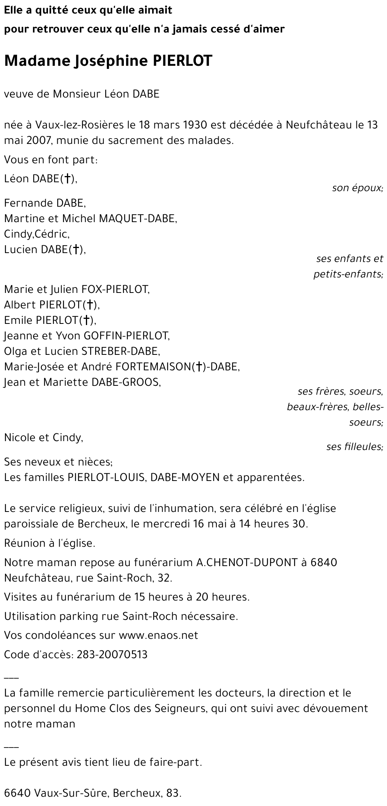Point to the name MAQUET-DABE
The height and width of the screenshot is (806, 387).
138,219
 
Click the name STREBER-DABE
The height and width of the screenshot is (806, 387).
120,351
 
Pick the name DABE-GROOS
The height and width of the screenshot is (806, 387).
125,382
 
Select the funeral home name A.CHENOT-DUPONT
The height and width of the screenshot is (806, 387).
247,562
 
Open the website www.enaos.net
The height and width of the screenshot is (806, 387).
158,635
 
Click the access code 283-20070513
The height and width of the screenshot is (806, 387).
112,655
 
